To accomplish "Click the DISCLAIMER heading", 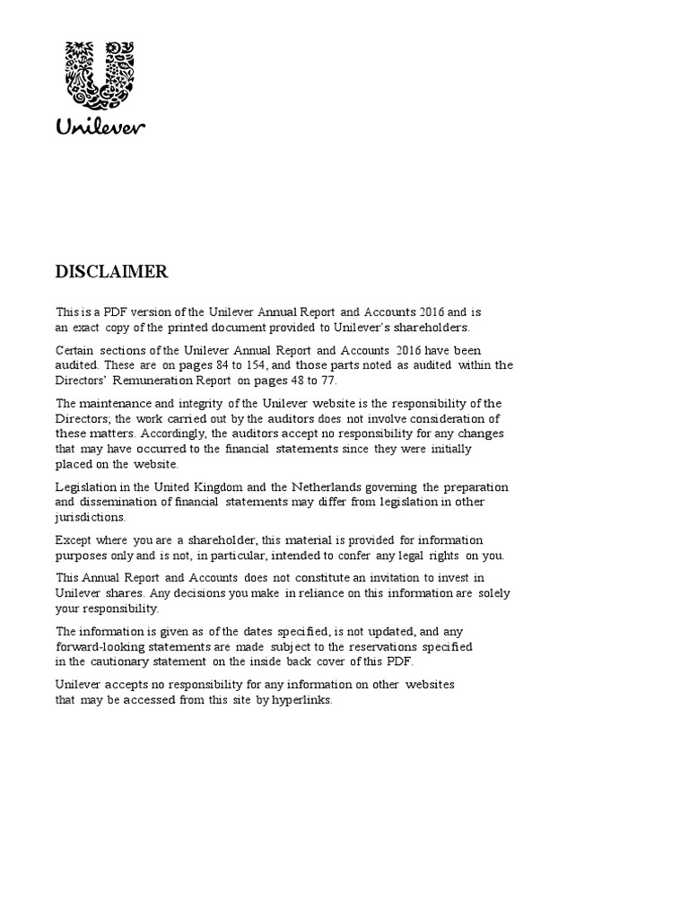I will coord(111,271).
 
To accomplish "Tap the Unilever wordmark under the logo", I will coord(101,127).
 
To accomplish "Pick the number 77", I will coord(327,380).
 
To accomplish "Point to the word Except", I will coord(73,540).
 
